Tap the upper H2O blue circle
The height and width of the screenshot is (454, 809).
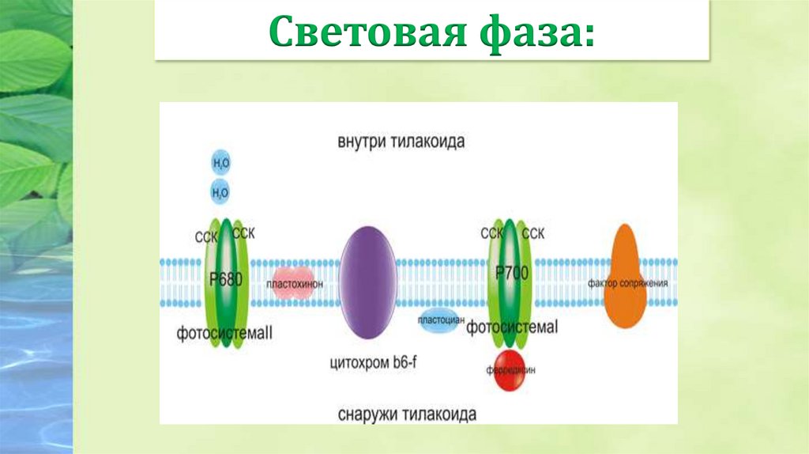coord(221,164)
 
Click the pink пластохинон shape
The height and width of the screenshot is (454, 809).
coord(293,285)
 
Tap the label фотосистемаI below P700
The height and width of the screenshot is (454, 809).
coord(512,327)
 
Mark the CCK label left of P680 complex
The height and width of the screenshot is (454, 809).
coord(204,236)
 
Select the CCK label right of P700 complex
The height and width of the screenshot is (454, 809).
coord(533,233)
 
